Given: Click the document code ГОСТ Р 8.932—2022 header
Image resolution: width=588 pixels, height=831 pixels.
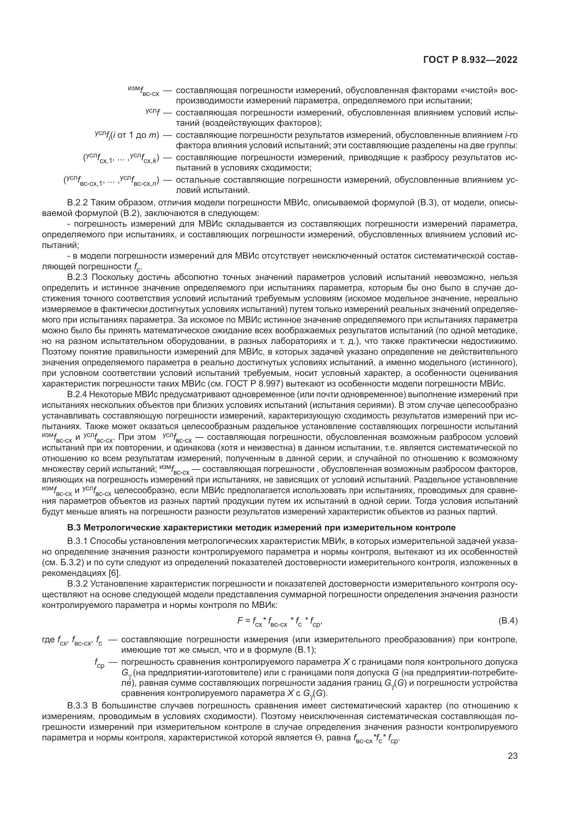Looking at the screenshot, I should click(470, 60).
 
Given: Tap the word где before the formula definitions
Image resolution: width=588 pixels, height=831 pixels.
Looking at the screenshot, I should click(48, 640).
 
